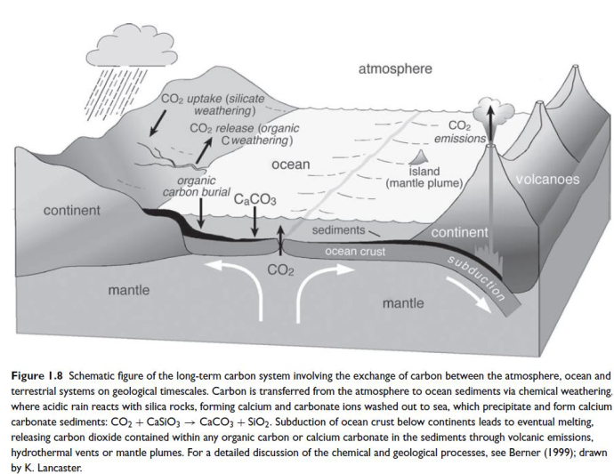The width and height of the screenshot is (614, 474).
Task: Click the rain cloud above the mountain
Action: coord(132,47)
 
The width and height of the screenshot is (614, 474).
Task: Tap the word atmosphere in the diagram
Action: coord(395,68)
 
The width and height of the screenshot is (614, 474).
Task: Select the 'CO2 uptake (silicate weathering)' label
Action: coord(214,105)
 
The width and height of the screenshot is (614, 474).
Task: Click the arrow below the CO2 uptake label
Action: coord(158,123)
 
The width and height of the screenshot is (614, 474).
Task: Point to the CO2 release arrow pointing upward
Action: coord(204,150)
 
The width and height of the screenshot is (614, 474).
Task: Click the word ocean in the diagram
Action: coord(291,165)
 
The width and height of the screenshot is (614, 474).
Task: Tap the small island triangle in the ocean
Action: coord(418,157)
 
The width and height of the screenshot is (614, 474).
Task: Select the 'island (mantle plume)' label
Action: coord(424,177)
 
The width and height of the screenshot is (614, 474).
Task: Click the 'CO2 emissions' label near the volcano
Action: coord(460,132)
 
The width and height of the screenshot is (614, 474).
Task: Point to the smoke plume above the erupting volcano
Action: coord(493,111)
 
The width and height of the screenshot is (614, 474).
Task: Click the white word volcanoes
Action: coord(547,180)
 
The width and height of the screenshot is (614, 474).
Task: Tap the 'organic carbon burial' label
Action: coord(197,187)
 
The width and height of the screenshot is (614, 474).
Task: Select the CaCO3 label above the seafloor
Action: coord(254,199)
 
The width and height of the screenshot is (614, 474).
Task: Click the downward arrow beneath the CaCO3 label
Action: coord(254,221)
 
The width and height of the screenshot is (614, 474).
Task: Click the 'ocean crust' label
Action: coord(355,252)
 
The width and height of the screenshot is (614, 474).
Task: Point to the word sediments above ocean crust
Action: coord(338,230)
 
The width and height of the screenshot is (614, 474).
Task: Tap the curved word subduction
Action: coord(476,278)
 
